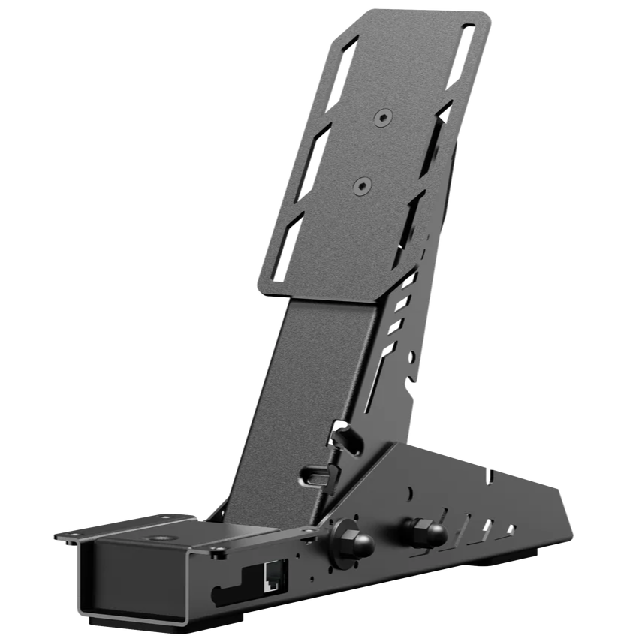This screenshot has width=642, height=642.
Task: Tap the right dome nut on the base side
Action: (x=426, y=532)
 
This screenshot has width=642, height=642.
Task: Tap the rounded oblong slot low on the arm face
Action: (x=315, y=474)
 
